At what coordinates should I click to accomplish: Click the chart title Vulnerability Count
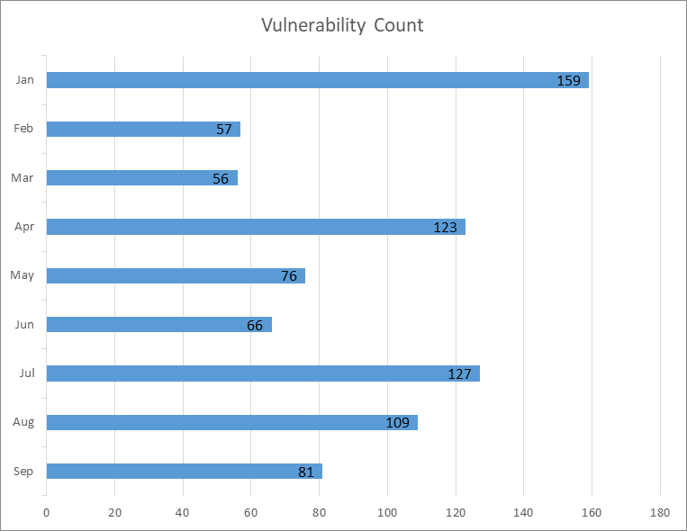click(342, 25)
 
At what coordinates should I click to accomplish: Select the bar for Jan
click(297, 80)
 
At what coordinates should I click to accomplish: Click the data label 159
click(568, 80)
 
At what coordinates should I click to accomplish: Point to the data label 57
click(224, 129)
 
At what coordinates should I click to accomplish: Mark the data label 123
click(445, 227)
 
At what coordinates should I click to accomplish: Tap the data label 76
click(289, 275)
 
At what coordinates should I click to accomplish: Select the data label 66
click(255, 325)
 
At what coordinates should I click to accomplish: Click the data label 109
click(397, 422)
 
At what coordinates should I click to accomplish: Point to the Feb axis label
click(23, 129)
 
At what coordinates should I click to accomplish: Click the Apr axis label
click(23, 227)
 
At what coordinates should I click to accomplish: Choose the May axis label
click(23, 275)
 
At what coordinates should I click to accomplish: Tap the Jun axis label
click(24, 325)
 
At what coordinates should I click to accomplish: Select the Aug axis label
click(23, 422)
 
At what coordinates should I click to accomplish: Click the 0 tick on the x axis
click(46, 512)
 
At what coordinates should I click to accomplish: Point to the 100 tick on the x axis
click(387, 512)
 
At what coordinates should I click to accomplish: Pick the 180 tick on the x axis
click(660, 512)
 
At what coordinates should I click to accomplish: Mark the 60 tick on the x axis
click(250, 512)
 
